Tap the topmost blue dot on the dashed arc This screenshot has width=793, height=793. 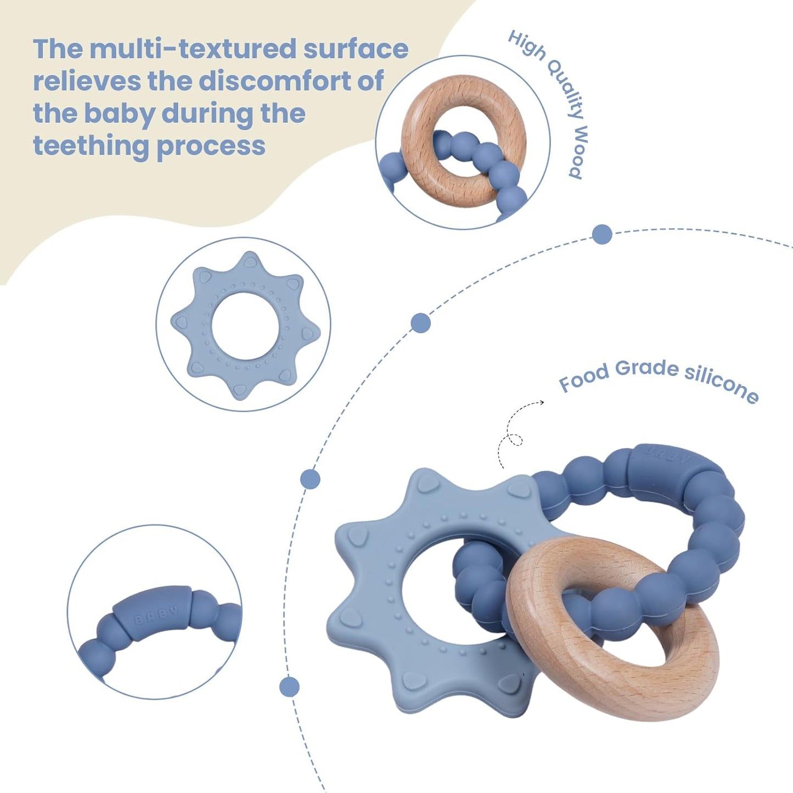point(602,234)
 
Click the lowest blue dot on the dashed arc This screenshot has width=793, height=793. point(289,687)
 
